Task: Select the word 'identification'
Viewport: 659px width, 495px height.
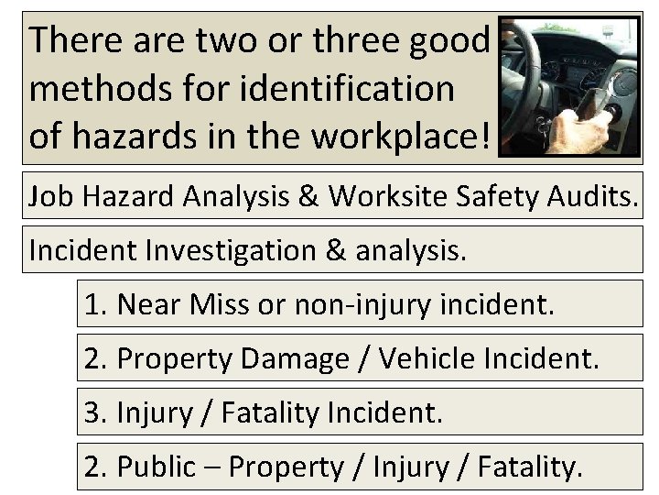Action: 354,89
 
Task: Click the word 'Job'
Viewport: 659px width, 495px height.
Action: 49,195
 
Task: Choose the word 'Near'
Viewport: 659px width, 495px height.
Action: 151,303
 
